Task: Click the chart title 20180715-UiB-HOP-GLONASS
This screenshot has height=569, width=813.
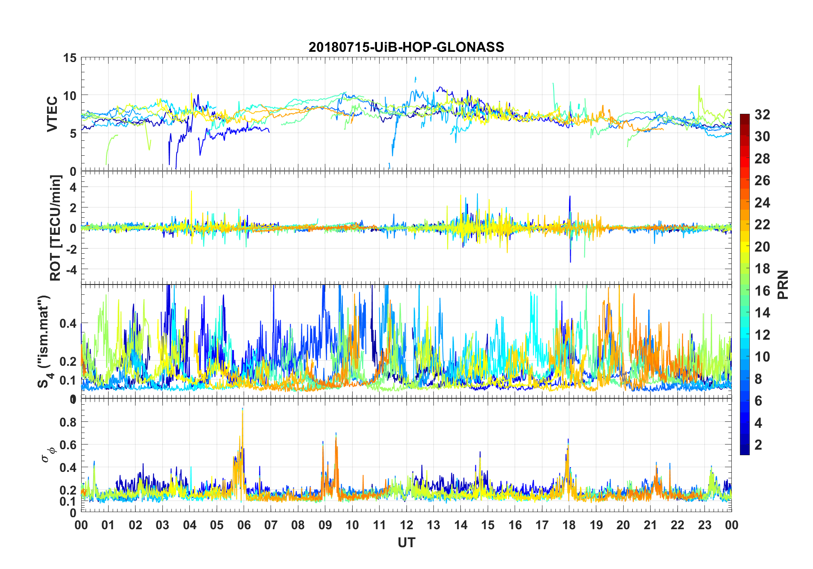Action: [406, 47]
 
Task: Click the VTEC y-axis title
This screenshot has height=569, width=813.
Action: [52, 114]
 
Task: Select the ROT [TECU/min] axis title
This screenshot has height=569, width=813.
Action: [56, 228]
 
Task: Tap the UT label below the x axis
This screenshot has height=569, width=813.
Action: [406, 542]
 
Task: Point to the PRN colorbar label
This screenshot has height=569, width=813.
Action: [783, 284]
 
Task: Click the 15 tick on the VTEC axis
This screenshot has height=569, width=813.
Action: [70, 58]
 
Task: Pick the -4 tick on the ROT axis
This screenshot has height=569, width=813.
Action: [71, 270]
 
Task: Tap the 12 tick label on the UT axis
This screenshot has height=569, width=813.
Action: [406, 525]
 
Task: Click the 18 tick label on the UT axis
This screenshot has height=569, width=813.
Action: [569, 525]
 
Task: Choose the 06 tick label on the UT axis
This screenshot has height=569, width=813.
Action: [244, 525]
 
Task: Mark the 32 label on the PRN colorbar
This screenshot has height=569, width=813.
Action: [762, 115]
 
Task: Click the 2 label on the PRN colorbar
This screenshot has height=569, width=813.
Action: [758, 445]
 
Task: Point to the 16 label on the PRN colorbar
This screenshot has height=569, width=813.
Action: [762, 291]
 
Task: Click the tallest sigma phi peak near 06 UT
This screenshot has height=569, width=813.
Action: [242, 409]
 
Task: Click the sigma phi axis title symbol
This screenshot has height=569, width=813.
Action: [48, 453]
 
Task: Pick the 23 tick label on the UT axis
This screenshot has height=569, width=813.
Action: [704, 525]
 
